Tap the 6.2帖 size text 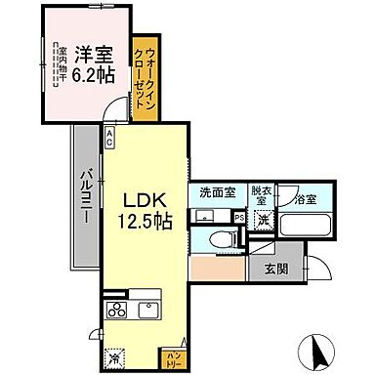click(90, 74)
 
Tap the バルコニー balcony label click(84, 194)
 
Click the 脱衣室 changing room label click(262, 198)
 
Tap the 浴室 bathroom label click(307, 200)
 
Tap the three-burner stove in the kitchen click(117, 312)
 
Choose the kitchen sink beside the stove click(148, 312)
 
